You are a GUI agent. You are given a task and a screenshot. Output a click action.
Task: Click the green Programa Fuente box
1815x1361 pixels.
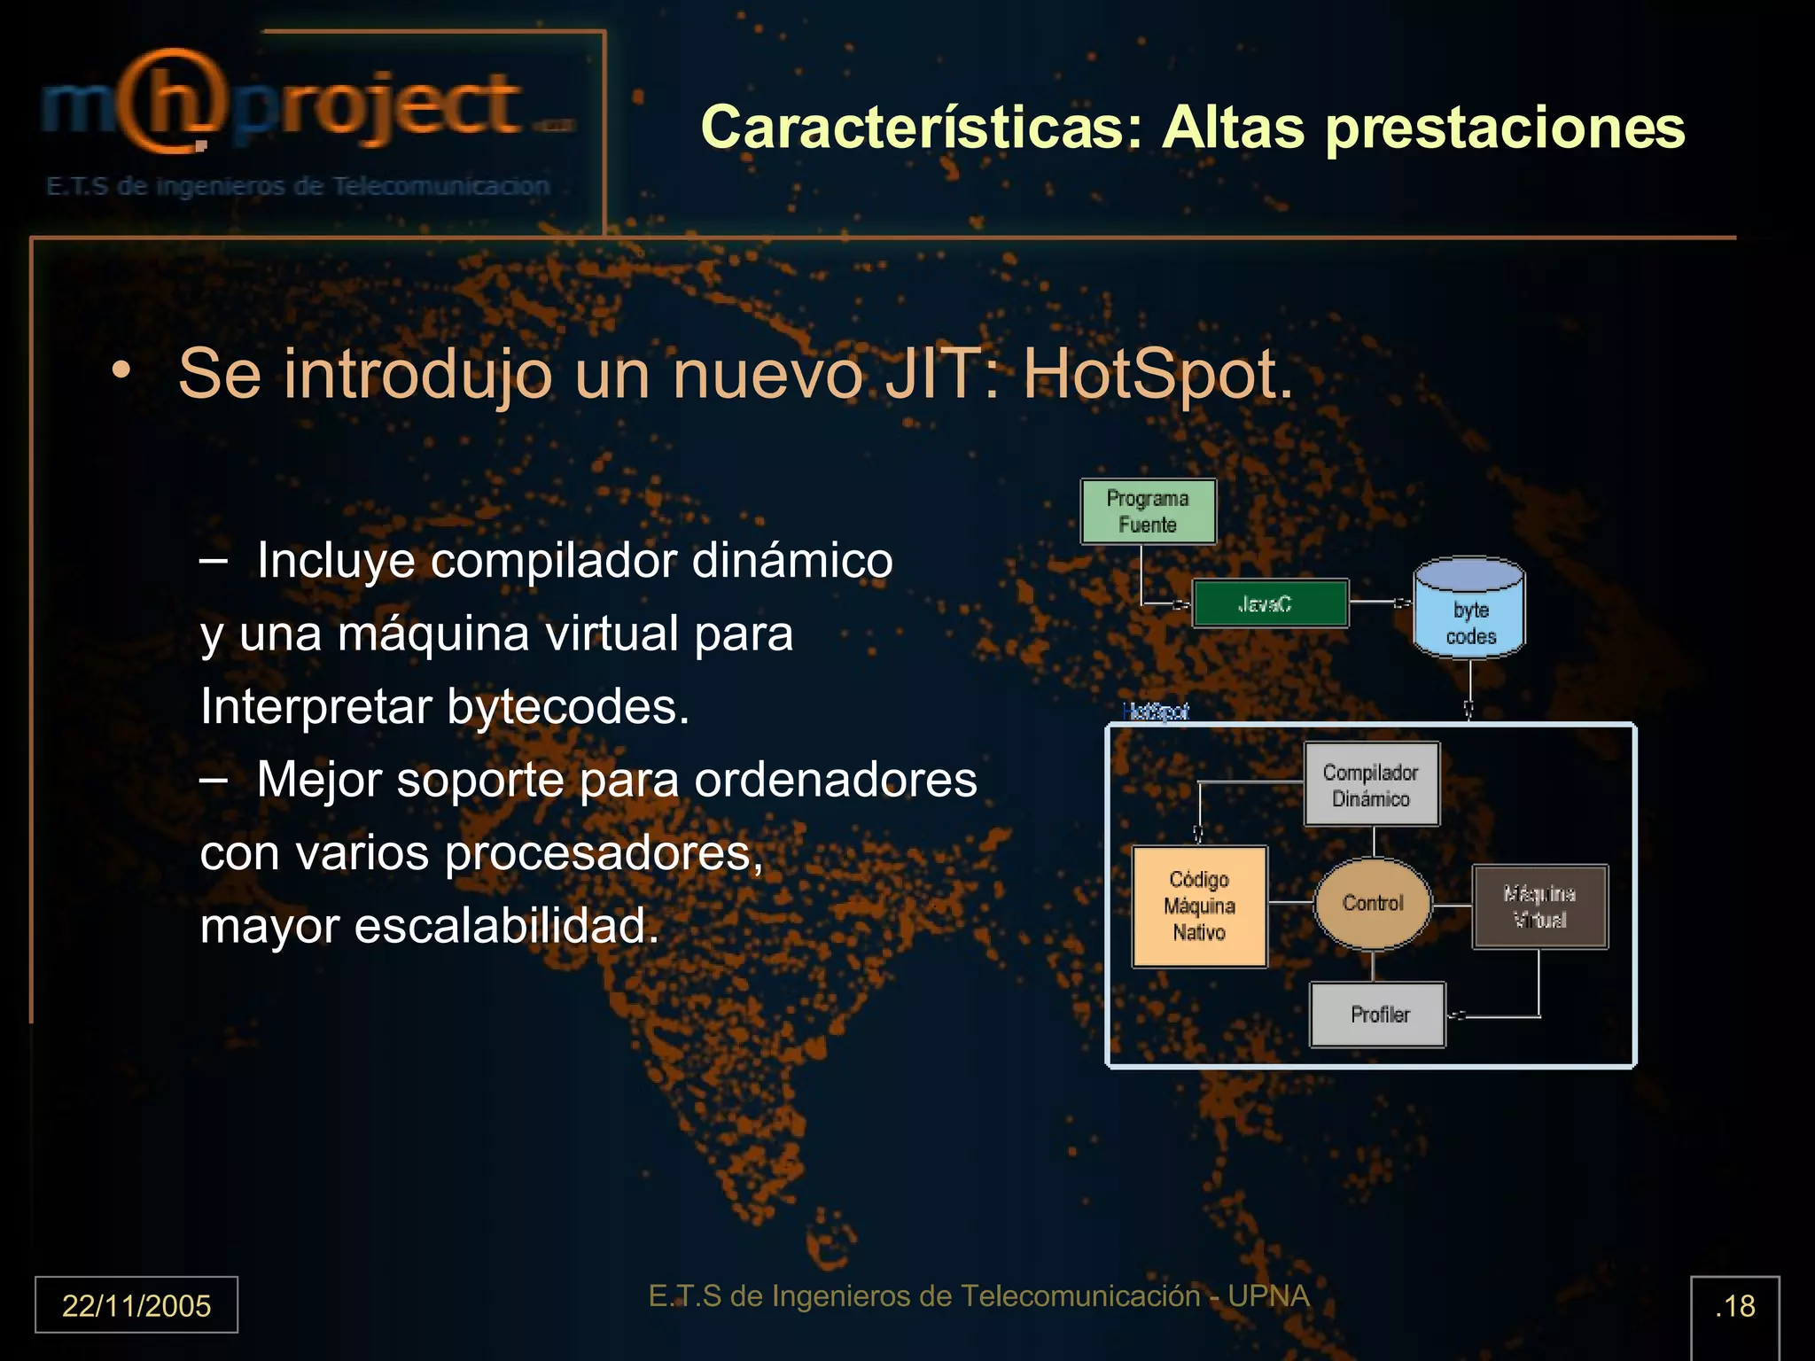1148,511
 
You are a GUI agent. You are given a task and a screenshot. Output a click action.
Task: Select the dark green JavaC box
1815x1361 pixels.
1270,603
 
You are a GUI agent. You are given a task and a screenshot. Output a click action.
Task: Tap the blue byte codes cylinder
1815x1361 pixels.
1469,611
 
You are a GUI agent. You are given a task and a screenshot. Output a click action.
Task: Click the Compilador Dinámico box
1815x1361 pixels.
1371,784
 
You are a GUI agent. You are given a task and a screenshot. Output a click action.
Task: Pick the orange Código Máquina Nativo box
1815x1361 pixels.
1199,906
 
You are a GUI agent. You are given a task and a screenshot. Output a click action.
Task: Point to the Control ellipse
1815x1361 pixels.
1372,903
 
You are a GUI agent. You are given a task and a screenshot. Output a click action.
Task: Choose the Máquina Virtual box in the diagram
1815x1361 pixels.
1539,906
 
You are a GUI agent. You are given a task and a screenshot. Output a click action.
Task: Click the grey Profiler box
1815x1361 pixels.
1378,1015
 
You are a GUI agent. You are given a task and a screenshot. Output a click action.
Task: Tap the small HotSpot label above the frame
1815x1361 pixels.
1155,712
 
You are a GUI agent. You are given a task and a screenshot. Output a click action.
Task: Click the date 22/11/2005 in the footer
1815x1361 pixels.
136,1305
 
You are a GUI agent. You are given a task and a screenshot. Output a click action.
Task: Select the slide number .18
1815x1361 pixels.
1734,1305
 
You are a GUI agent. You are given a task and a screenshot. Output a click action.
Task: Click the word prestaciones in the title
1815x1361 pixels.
1505,128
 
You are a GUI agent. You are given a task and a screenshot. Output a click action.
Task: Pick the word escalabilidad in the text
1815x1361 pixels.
507,926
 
